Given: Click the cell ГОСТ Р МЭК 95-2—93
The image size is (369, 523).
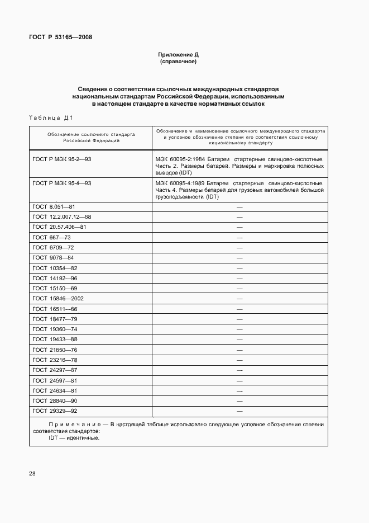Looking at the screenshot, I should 62,159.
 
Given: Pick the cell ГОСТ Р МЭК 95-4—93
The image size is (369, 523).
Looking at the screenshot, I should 62,183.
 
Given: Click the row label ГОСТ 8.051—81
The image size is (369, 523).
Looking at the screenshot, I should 54,206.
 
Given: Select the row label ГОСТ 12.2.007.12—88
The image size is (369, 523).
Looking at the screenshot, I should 61,216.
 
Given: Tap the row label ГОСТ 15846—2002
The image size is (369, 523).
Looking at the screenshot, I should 58,298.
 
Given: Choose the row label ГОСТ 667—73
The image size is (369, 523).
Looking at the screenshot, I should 51,237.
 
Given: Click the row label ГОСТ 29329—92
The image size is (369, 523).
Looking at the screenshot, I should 55,411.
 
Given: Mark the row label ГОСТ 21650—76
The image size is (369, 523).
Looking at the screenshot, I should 55,350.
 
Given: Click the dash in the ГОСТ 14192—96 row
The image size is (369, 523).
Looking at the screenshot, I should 239,278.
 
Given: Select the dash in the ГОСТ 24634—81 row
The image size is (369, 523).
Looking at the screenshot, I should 239,390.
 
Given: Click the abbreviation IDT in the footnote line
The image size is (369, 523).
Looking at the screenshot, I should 54,437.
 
